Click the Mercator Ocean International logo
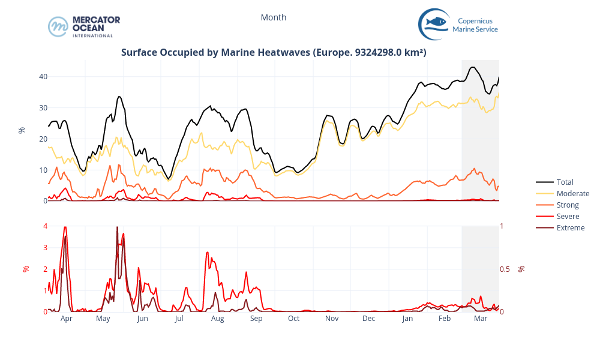coord(84,26)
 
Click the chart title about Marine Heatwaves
coord(274,52)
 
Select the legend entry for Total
coord(565,182)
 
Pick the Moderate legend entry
coord(572,193)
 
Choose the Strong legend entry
coord(568,205)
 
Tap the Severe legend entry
coord(568,216)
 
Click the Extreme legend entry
coord(570,227)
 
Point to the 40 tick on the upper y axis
coord(43,76)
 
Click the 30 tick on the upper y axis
coord(43,107)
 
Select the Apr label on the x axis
coord(67,319)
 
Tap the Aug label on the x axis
coord(217,319)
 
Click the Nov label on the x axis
coord(332,319)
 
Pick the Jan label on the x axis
coord(407,319)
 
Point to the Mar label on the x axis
coord(481,319)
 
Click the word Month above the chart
coord(274,17)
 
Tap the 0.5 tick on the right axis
coord(505,269)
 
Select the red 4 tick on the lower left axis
coord(45,226)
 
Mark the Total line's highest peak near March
coord(473,67)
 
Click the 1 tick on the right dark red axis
coord(502,226)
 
